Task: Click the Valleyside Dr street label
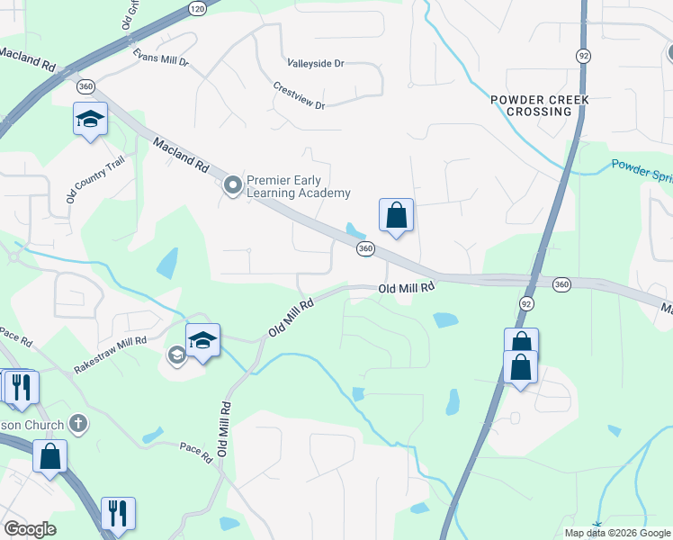click(316, 64)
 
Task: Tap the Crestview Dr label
click(299, 95)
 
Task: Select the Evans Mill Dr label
click(161, 58)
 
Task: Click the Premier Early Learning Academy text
click(299, 187)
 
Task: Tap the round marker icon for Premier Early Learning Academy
click(233, 186)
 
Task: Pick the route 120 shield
click(198, 8)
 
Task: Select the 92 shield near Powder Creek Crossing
click(584, 56)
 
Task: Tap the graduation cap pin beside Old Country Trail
click(90, 119)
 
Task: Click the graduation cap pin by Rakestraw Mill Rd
click(203, 340)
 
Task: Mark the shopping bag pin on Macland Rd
click(396, 216)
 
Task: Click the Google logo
click(30, 530)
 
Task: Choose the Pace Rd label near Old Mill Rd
click(195, 452)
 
